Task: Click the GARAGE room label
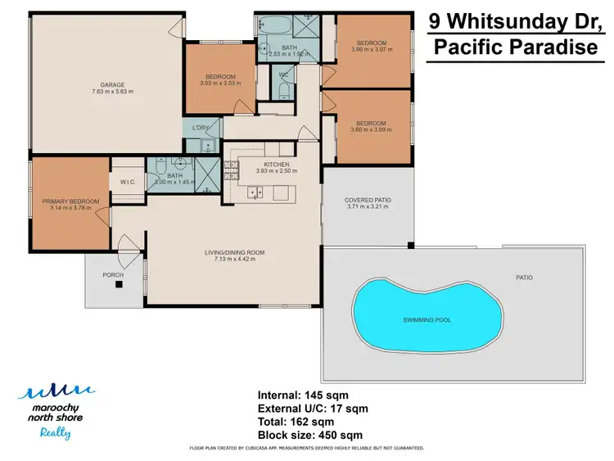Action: (112, 84)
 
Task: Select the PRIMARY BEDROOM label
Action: (70, 201)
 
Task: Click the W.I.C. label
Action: (127, 182)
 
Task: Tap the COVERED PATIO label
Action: (366, 200)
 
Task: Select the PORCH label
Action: (112, 275)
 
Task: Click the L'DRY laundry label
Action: (200, 129)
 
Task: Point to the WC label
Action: (284, 75)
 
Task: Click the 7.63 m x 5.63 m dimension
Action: (112, 92)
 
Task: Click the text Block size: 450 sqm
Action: (309, 435)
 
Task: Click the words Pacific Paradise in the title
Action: (515, 47)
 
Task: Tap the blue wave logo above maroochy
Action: (54, 391)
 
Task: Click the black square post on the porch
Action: (119, 285)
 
